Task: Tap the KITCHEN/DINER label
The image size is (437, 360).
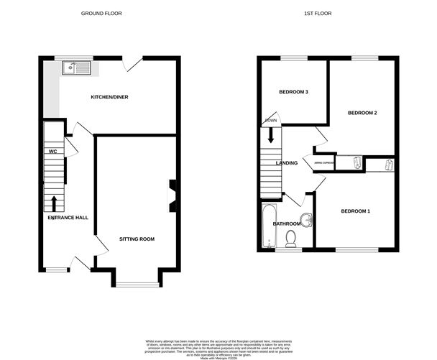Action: [x=109, y=97]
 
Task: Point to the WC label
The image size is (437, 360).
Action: [x=52, y=152]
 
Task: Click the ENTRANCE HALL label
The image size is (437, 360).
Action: [x=68, y=217]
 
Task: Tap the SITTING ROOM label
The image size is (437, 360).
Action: [x=137, y=239]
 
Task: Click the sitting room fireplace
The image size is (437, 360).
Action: [x=172, y=195]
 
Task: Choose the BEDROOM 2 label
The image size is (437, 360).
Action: [x=362, y=113]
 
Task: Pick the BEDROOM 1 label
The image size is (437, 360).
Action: [x=355, y=211]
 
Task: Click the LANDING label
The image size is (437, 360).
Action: [x=287, y=163]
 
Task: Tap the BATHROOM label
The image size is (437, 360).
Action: [x=286, y=223]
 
